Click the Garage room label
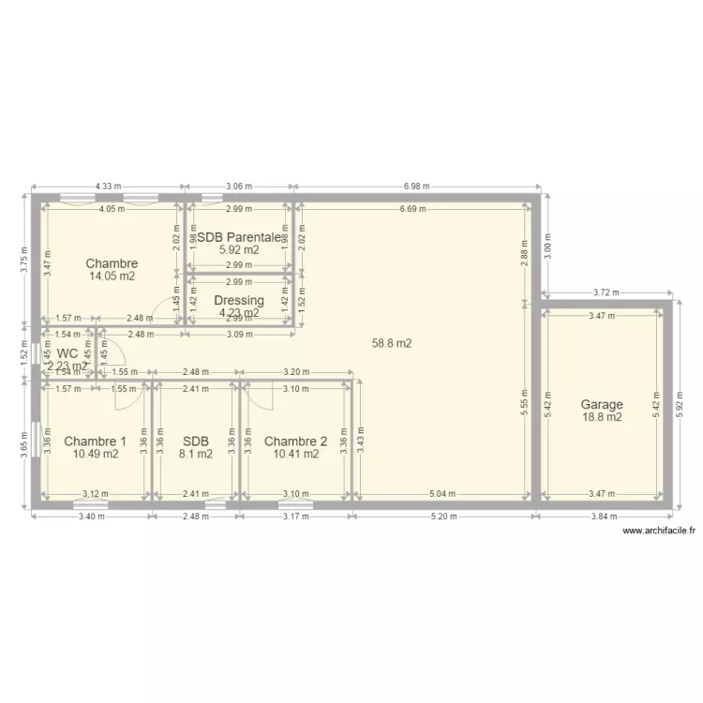602,405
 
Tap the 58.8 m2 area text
392,344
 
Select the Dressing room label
239,301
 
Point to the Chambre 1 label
95,441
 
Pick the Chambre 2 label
295,441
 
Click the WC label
67,353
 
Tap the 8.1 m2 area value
196,455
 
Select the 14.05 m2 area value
112,277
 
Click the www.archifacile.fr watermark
659,531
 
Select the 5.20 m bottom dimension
443,516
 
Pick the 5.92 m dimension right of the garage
681,405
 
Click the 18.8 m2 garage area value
602,418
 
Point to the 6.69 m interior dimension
409,209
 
